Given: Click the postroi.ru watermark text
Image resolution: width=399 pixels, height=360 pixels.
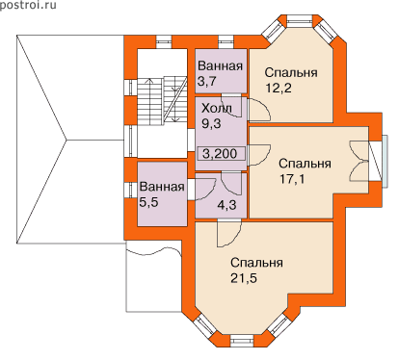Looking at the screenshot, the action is tap(28, 5).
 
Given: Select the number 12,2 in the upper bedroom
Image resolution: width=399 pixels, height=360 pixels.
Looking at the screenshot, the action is tap(279, 88).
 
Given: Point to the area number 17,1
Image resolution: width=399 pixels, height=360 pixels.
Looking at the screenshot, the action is tap(292, 178).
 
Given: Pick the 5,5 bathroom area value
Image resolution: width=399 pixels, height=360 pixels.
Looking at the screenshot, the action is tap(148, 202).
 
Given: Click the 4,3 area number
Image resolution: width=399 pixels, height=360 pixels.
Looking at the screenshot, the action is tap(226, 204).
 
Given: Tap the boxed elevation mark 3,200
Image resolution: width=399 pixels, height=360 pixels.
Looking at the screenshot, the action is tap(220, 154).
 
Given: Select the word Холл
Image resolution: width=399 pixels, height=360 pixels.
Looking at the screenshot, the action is tap(216, 108).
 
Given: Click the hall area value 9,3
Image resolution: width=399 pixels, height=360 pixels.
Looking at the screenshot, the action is tap(211, 123).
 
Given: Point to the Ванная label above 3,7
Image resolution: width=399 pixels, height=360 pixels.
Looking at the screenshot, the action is tap(220, 66).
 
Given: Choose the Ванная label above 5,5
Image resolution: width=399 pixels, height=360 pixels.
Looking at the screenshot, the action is tap(162, 187).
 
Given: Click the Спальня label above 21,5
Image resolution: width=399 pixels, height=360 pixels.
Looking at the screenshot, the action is tap(256, 263).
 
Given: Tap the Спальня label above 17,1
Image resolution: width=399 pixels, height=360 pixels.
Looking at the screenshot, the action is tap(305, 164).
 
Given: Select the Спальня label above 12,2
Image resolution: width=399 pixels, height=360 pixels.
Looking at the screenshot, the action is tap(291, 72).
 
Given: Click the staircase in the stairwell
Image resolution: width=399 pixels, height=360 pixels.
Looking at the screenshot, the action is tap(163, 99).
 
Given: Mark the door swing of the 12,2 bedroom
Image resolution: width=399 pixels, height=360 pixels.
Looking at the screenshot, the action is tap(259, 110).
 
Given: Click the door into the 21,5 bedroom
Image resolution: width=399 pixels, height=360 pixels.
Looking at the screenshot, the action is tap(229, 233).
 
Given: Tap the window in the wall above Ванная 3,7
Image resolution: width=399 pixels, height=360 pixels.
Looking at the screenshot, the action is tap(226, 40).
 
